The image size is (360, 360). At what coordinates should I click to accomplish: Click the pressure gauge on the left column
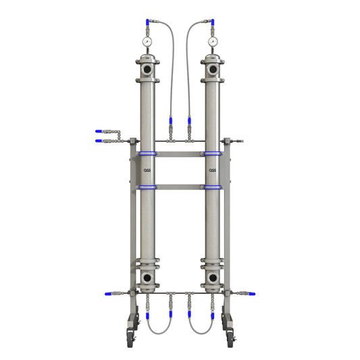tap(147, 42)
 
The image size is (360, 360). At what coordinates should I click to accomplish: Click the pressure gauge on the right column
tap(213, 42)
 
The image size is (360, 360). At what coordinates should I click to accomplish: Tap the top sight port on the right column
tap(213, 70)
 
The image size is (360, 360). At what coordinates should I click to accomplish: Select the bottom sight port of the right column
tap(213, 278)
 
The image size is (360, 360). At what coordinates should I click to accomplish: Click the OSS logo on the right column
tap(212, 170)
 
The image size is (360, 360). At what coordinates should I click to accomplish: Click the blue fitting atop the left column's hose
tap(147, 23)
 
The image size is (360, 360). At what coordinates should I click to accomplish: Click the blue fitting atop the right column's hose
tap(213, 23)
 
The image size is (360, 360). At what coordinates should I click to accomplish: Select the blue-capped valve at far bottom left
tap(108, 294)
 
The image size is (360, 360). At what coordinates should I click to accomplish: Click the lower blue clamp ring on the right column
tap(213, 187)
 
